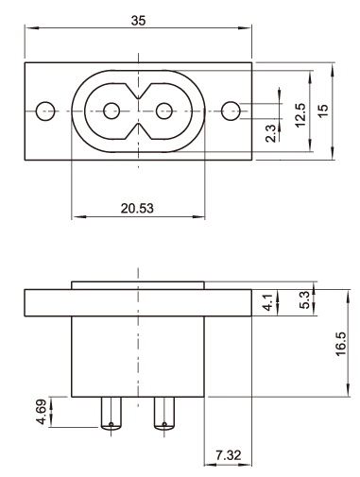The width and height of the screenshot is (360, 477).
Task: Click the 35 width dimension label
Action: pos(138,21)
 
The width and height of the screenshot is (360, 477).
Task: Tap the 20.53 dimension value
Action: pos(137,208)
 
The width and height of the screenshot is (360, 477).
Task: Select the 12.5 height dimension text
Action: pos(300,114)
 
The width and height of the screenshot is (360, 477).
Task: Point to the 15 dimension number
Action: pos(322,111)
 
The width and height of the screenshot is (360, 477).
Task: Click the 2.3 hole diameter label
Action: pos(270,133)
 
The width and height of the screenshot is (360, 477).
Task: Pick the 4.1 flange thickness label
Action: pos(267,302)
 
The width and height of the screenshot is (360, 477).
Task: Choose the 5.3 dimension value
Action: pos(304,300)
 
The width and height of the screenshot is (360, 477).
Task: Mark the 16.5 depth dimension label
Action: pos(341,344)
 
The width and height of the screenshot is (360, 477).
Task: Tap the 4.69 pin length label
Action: pos(42,412)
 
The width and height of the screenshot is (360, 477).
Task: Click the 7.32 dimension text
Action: pos(229,455)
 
